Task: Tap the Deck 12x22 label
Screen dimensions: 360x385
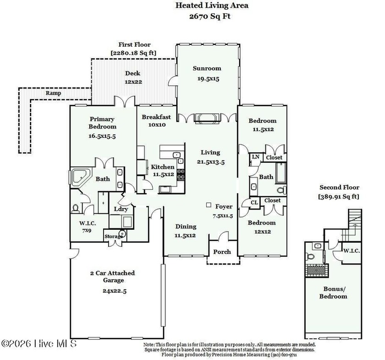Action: coord(132,78)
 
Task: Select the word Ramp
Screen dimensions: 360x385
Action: coord(53,93)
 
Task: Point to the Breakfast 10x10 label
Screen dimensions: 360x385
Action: coord(156,121)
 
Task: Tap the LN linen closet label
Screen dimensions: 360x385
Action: coord(255,157)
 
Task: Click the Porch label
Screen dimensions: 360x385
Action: coord(223,252)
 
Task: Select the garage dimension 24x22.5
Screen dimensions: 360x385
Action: coord(112,290)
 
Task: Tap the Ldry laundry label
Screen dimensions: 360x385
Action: coord(121,209)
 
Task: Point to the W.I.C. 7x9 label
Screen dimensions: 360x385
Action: coord(87,226)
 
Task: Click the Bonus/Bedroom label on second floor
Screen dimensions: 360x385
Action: coord(335,293)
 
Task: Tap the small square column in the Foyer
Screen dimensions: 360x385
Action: coord(209,205)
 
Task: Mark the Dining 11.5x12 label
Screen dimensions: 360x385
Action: coord(185,231)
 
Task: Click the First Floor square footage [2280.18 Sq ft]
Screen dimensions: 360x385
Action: coord(133,53)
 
